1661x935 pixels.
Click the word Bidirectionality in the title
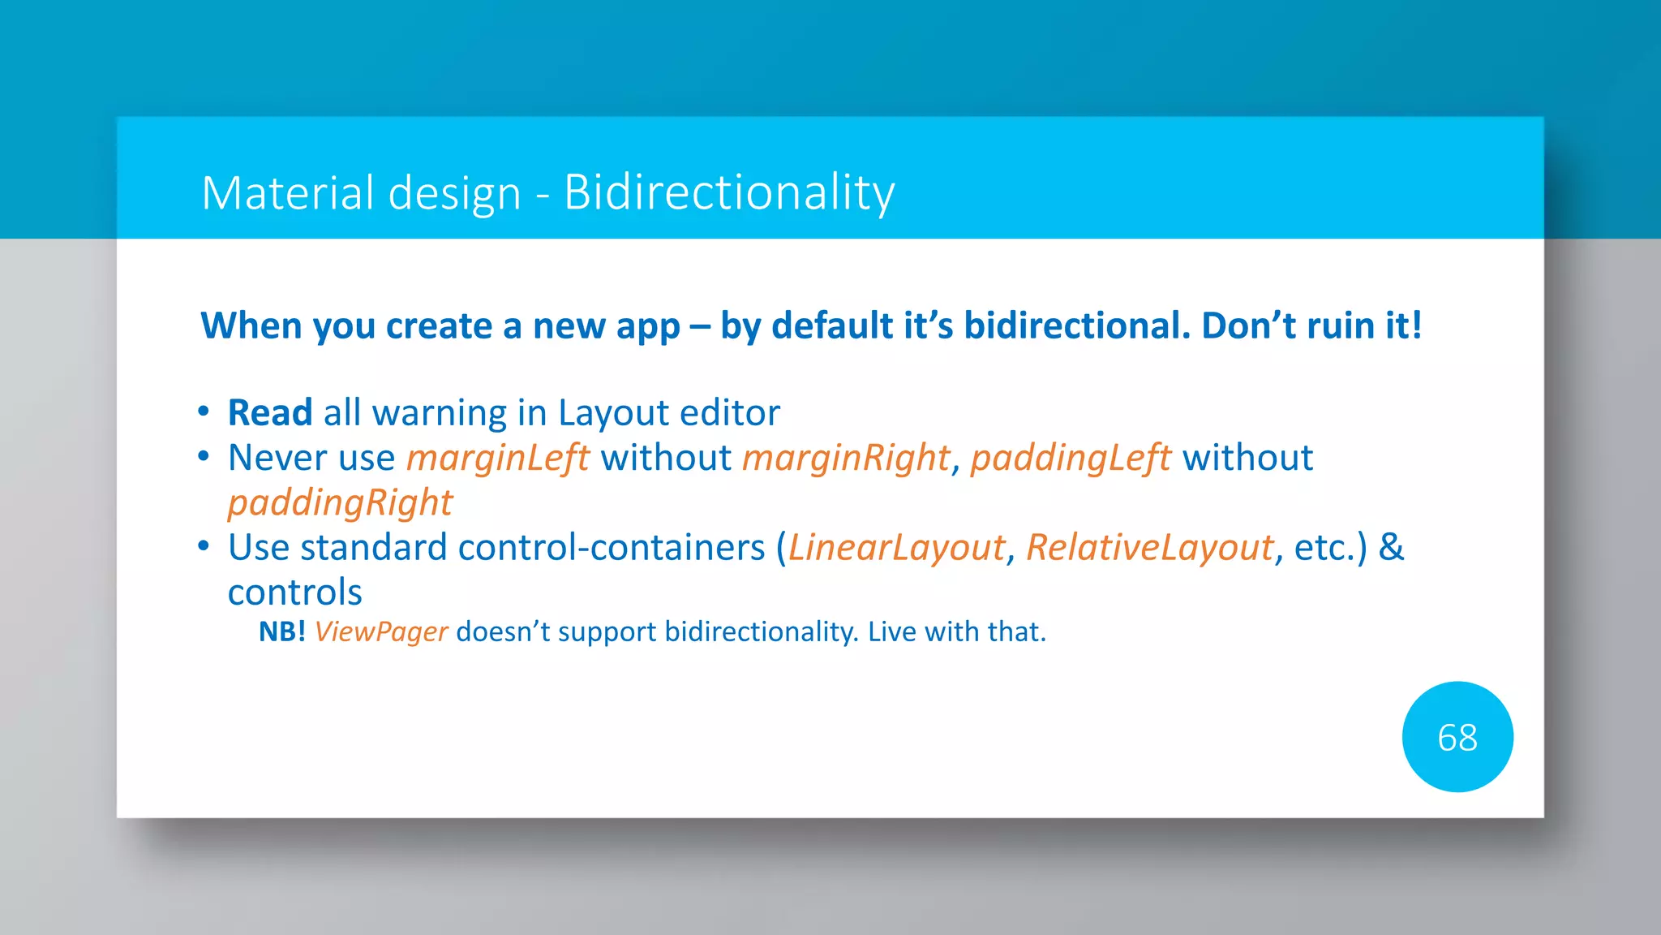click(x=728, y=193)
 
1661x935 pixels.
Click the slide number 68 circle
click(x=1457, y=737)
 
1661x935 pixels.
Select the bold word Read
click(x=269, y=412)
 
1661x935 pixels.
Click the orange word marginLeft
click(x=497, y=459)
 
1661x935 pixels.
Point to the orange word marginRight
click(x=845, y=459)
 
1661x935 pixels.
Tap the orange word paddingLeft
click(x=1070, y=459)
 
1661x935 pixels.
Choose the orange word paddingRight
click(x=339, y=503)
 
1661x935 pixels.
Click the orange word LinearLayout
click(x=896, y=548)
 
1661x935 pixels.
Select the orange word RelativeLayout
click(x=1149, y=548)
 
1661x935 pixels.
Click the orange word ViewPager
click(x=380, y=631)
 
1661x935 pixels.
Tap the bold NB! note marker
click(x=281, y=631)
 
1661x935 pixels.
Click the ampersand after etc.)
click(x=1391, y=547)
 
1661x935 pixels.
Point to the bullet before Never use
click(x=204, y=456)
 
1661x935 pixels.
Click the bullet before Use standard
click(x=204, y=546)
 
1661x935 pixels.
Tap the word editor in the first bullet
click(x=729, y=412)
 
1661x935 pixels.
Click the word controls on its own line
click(x=294, y=592)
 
